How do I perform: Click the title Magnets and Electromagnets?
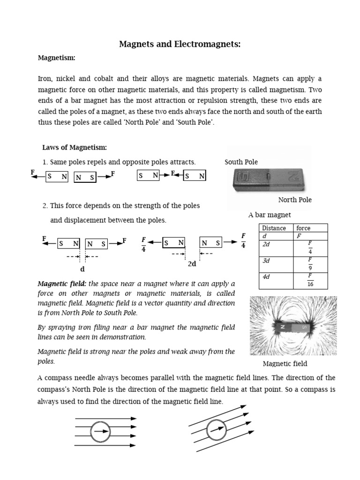(x=180, y=45)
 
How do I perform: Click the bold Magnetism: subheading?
(x=56, y=58)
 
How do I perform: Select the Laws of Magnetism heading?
(x=75, y=148)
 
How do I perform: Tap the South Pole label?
(x=241, y=162)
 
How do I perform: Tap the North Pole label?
(x=295, y=200)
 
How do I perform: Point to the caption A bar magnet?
(x=270, y=215)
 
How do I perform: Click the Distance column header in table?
(x=274, y=228)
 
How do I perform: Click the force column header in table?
(x=303, y=228)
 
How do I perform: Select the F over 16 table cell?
(x=310, y=280)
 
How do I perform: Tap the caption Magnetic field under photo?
(x=285, y=364)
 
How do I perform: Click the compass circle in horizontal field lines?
(x=100, y=431)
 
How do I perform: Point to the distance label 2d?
(x=192, y=264)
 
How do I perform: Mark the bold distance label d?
(x=82, y=270)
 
